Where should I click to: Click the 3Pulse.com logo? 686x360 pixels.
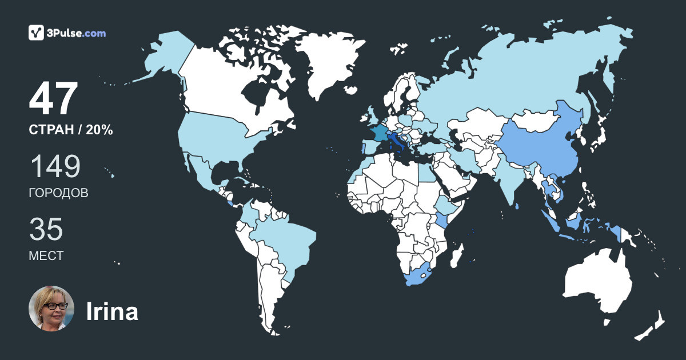point(67,33)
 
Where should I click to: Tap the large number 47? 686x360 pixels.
point(53,99)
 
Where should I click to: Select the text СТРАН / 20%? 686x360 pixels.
point(70,130)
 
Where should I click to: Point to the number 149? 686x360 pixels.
point(55,166)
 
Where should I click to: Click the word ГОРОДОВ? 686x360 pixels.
point(58,193)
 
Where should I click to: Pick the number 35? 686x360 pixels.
point(46,229)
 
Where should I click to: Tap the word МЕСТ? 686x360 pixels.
point(46,256)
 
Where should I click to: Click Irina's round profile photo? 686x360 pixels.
point(51,309)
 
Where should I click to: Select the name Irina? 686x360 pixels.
point(112,312)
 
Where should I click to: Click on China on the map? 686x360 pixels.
point(537,143)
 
